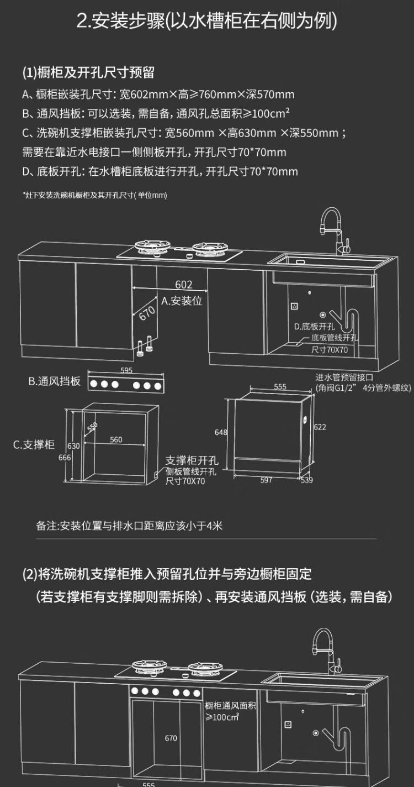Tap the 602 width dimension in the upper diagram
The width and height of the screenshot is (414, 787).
pos(184,285)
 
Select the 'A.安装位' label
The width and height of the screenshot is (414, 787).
pos(182,301)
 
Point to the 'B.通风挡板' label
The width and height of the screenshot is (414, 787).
pos(55,381)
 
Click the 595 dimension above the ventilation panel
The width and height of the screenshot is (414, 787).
pos(126,370)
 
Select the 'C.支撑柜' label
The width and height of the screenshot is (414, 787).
pos(34,445)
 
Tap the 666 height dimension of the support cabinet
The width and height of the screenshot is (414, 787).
pos(65,457)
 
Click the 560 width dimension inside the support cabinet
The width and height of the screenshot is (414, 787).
pos(116,440)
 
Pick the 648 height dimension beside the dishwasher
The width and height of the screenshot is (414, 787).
pos(221,432)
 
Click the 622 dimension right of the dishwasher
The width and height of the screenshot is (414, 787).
pos(320,427)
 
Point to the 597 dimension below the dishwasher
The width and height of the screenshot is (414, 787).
pos(266,480)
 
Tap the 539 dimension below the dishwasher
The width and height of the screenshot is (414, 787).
pos(306,480)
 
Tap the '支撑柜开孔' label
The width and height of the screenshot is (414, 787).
pos(192,460)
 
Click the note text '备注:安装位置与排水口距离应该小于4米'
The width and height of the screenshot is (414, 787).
pos(129,526)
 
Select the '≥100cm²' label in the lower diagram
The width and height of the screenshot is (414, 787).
pos(222,717)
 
